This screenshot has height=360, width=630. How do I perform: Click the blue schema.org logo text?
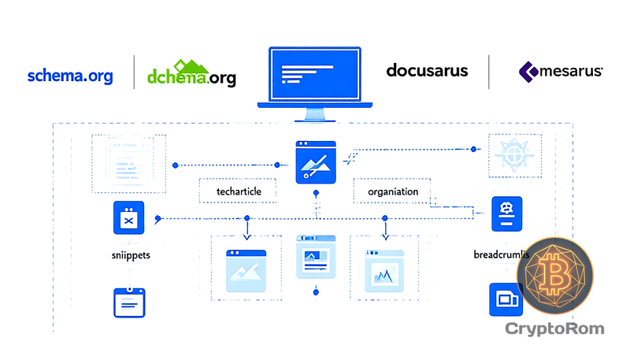pyautogui.click(x=70, y=76)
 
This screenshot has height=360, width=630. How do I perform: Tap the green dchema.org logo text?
pyautogui.click(x=191, y=77)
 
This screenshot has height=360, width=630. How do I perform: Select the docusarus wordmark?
pyautogui.click(x=428, y=71)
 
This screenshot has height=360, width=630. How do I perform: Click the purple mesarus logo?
pyautogui.click(x=561, y=72)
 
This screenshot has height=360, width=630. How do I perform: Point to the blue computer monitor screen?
pyautogui.click(x=315, y=74)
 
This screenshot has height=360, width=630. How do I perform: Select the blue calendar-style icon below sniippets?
pyautogui.click(x=131, y=301)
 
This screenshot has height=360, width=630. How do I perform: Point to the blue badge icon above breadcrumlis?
pyautogui.click(x=506, y=214)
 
